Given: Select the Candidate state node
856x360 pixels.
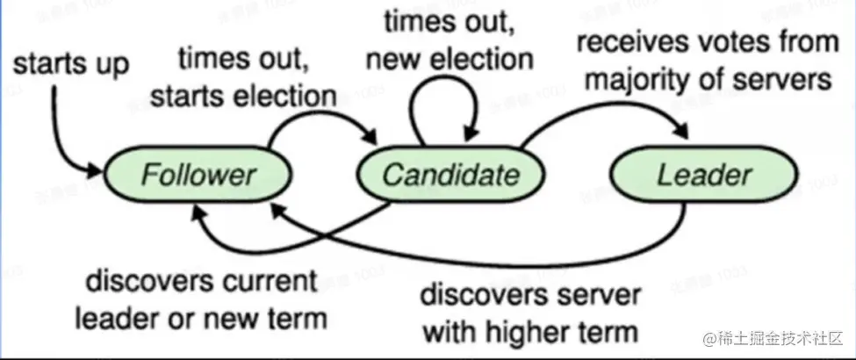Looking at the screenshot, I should coord(450,175).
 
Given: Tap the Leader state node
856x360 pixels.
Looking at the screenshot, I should coord(703,175).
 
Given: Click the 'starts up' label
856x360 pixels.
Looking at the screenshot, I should coord(71,64).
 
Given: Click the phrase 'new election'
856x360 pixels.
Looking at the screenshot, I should coord(450,61).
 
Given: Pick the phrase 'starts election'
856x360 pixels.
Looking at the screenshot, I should coord(243,96).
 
